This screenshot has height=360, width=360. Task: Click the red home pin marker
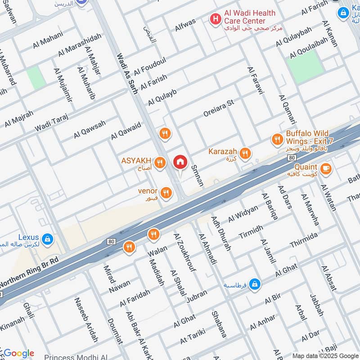[180, 162]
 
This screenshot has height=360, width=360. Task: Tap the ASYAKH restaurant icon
[159, 163]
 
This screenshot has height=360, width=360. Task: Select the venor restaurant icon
[166, 193]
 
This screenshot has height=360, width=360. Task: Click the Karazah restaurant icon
[245, 153]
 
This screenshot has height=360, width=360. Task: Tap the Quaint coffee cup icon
[326, 169]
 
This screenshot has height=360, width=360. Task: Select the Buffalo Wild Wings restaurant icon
[277, 140]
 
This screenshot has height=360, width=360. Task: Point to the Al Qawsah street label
[90, 129]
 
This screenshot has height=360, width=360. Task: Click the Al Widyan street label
[243, 213]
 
